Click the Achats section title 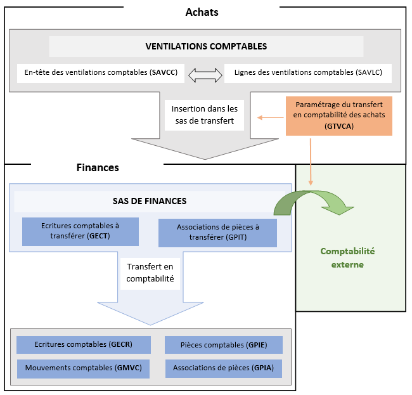coord(202,12)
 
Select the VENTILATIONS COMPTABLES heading coord(206,46)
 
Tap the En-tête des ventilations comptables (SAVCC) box coord(101,73)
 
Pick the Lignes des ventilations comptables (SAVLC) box coord(308,73)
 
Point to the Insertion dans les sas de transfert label coord(205,115)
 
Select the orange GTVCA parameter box coord(339,116)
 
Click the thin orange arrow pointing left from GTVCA coord(271,117)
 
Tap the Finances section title coord(98,168)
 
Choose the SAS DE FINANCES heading coord(150,201)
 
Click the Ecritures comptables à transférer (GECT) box coord(80,231)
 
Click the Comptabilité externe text coord(347,257)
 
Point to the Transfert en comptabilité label coord(150,273)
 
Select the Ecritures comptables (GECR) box coord(84,344)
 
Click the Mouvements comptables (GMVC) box coord(84,368)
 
